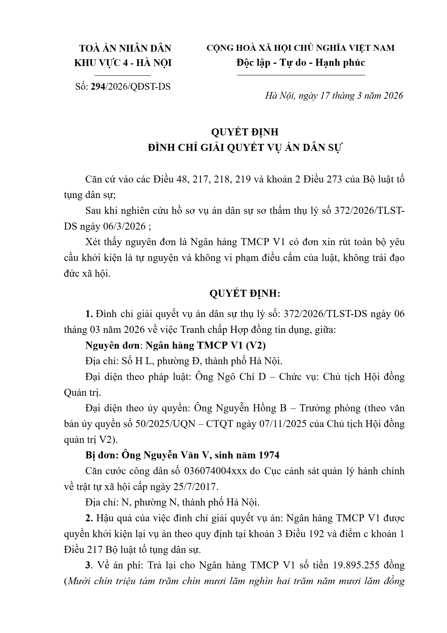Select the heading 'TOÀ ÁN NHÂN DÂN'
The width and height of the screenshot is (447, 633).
(x=125, y=49)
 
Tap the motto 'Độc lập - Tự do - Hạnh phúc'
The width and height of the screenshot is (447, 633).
(x=301, y=63)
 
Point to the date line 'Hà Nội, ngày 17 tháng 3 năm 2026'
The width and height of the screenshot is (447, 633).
(x=334, y=96)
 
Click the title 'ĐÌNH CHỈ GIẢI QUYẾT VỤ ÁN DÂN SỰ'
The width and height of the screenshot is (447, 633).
(x=245, y=148)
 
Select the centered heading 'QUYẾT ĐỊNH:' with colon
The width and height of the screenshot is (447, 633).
(x=245, y=294)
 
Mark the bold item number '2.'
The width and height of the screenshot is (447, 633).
(x=89, y=518)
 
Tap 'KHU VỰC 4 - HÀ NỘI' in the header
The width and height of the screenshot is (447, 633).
(x=123, y=63)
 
